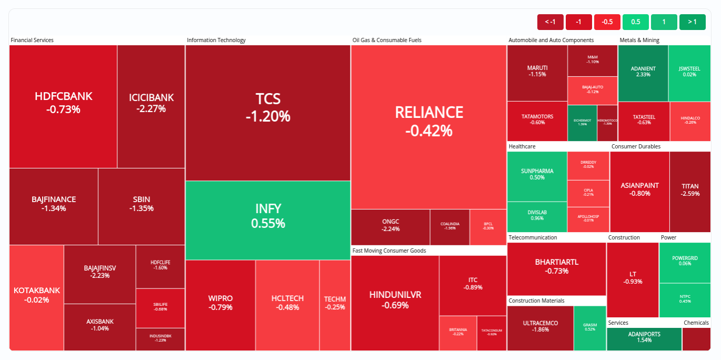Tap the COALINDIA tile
pyautogui.click(x=450, y=227)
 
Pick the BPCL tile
pyautogui.click(x=488, y=227)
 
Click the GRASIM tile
pyautogui.click(x=590, y=328)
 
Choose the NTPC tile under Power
pyautogui.click(x=685, y=300)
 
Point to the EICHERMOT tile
pyautogui.click(x=582, y=122)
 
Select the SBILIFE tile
pyautogui.click(x=161, y=307)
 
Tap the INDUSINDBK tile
pyautogui.click(x=161, y=338)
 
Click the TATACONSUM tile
pyautogui.click(x=492, y=333)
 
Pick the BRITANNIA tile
pyautogui.click(x=458, y=333)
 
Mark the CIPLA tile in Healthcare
pyautogui.click(x=588, y=192)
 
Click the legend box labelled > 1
pyautogui.click(x=692, y=22)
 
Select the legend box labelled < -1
pyautogui.click(x=550, y=22)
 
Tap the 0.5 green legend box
pyautogui.click(x=635, y=22)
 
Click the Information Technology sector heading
pyautogui.click(x=216, y=40)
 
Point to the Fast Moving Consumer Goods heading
pyautogui.click(x=389, y=251)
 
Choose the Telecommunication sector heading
pyautogui.click(x=533, y=237)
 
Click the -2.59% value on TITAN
pyautogui.click(x=690, y=194)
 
